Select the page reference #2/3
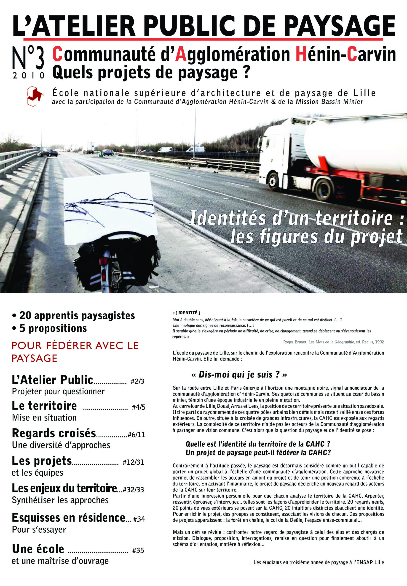137,382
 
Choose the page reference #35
138,551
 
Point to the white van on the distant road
195,149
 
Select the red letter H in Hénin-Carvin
301,54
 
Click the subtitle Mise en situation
44,418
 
